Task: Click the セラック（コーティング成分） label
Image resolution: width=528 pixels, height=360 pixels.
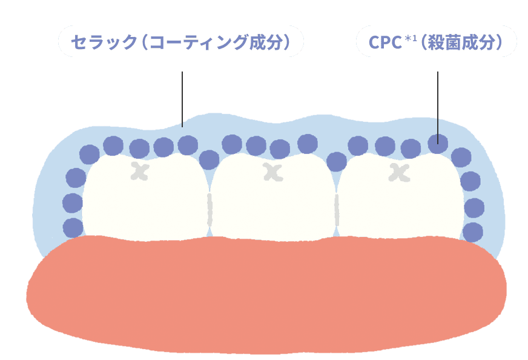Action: (x=180, y=42)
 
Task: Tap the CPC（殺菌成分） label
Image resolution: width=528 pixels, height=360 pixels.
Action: (x=436, y=42)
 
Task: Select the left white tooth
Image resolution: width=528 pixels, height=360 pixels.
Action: (x=145, y=197)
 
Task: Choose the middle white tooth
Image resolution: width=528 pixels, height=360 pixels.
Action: (x=272, y=200)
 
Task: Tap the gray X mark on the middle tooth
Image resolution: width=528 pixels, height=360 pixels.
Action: (x=273, y=173)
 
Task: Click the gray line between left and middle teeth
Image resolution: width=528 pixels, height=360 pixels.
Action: (x=210, y=209)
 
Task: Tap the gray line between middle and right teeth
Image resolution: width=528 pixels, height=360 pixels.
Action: (x=337, y=209)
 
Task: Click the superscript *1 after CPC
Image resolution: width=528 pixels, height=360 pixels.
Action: (x=409, y=39)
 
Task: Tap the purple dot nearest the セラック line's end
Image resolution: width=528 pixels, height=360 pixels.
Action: (x=188, y=144)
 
